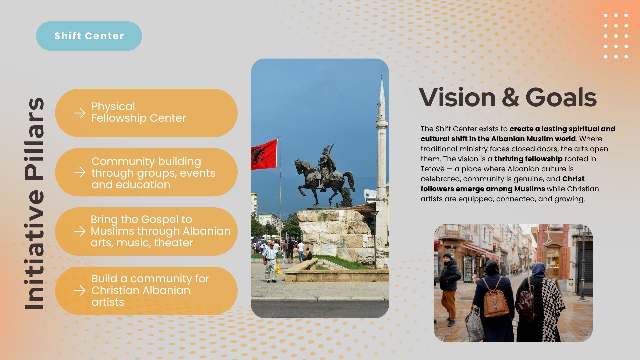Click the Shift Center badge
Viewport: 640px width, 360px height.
pos(89,36)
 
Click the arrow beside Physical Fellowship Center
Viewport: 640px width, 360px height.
pos(80,113)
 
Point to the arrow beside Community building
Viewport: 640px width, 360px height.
pos(80,172)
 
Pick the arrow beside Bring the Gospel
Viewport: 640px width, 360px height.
pos(80,231)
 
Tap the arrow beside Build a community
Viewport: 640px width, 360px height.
pos(80,291)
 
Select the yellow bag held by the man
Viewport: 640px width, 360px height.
pos(278,269)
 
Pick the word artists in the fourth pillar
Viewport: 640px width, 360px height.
pos(108,302)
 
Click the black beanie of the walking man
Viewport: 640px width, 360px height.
pos(447,256)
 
